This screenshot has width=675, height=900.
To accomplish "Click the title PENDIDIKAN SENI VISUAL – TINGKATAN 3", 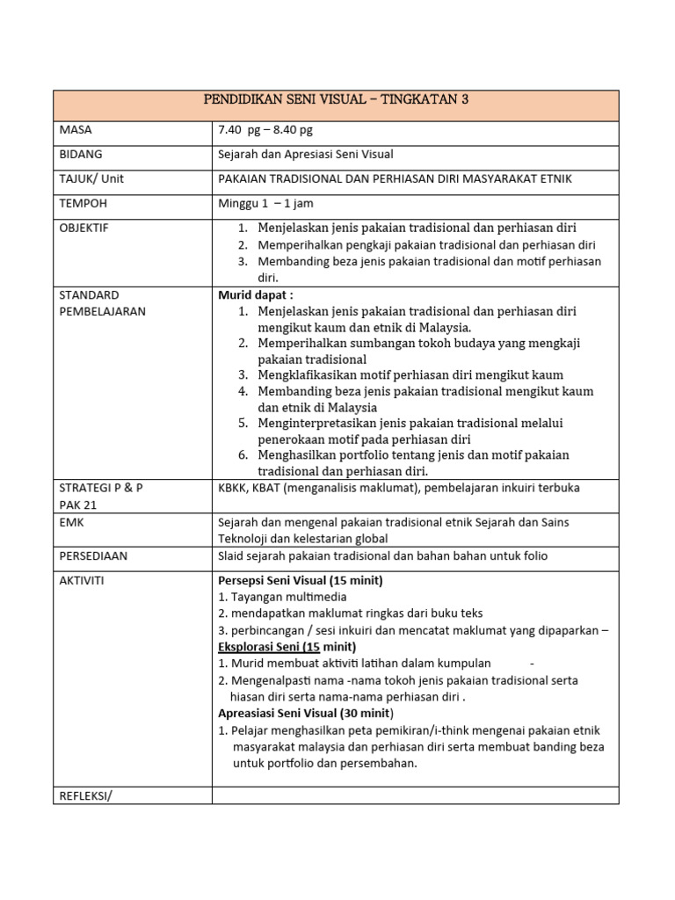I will [337, 100].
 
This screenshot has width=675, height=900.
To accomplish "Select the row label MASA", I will [76, 130].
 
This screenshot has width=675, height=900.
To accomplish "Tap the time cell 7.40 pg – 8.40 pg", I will [265, 130].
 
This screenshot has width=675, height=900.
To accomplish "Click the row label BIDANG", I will [80, 154].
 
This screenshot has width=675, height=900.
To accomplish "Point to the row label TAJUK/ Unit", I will [92, 178].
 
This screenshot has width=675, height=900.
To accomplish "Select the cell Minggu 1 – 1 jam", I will [265, 203].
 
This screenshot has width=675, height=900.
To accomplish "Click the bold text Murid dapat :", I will [256, 295].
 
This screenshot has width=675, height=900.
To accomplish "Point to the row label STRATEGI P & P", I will [99, 487].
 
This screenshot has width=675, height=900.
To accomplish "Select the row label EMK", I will [71, 522].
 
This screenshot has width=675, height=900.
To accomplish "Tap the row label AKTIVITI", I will [83, 580].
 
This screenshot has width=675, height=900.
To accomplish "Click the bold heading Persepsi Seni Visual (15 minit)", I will [300, 580].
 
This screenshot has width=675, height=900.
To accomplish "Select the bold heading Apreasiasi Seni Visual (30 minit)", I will [306, 713].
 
